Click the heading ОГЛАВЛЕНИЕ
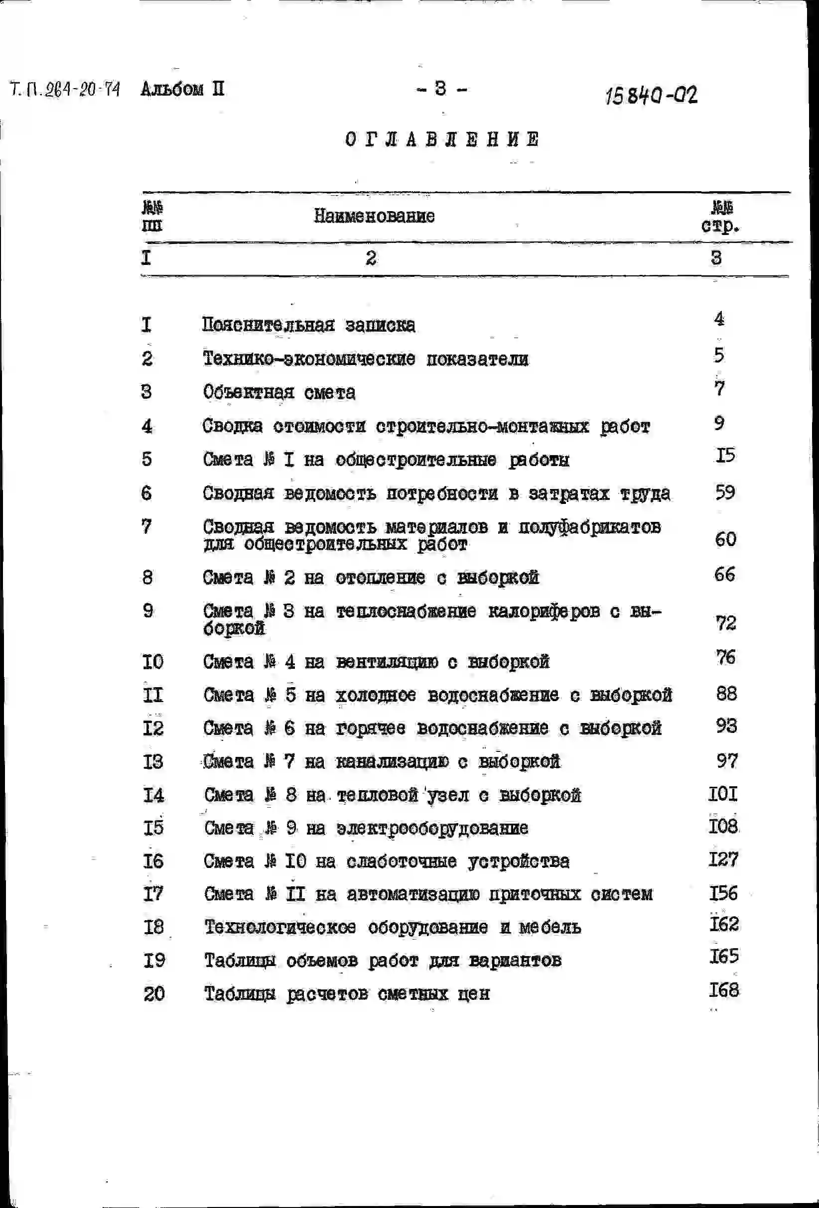point(442,139)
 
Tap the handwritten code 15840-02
point(651,95)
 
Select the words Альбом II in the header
point(182,90)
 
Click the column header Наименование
point(374,216)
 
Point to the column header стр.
point(720,226)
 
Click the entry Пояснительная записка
point(308,325)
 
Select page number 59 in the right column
point(725,492)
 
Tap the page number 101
point(723,794)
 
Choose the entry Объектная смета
point(279,392)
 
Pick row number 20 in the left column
point(154,994)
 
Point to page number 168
point(724,990)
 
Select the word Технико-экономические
point(309,359)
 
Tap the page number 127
point(723,859)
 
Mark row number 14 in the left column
point(153,795)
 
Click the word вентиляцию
point(387,662)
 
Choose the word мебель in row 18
point(550,927)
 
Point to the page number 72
point(725,622)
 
